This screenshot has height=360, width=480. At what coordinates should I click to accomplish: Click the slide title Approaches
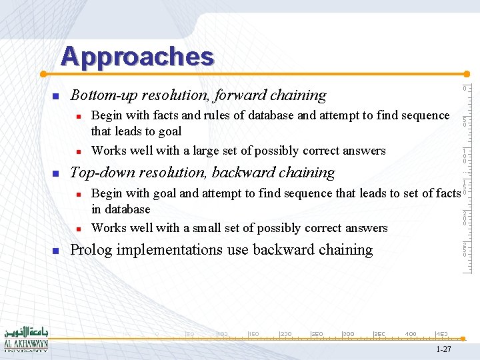pyautogui.click(x=137, y=57)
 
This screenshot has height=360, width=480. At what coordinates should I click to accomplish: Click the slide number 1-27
pyautogui.click(x=443, y=349)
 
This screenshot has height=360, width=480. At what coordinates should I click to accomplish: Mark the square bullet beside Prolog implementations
pyautogui.click(x=56, y=251)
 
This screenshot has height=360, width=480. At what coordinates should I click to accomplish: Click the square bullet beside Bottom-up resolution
pyautogui.click(x=56, y=97)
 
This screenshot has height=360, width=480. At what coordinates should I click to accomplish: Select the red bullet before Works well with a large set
pyautogui.click(x=79, y=151)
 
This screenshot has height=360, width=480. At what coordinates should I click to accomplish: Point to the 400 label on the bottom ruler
pyautogui.click(x=411, y=333)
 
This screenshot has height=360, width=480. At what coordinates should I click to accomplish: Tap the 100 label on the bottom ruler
pyautogui.click(x=223, y=333)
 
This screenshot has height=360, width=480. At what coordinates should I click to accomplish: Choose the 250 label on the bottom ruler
pyautogui.click(x=317, y=333)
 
